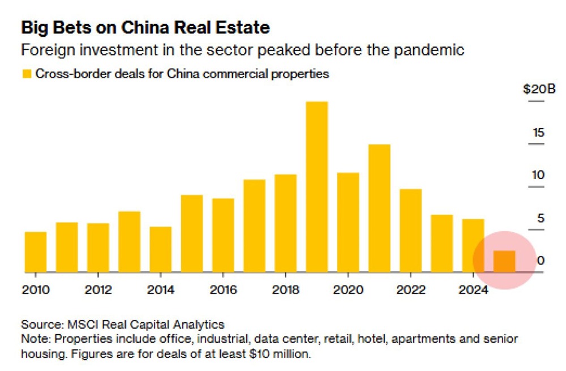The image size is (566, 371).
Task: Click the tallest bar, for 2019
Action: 316,187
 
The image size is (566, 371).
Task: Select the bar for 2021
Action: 379,208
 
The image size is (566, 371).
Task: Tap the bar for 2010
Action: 36,252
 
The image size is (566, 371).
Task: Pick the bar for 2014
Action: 160,249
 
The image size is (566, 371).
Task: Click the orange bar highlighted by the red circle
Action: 504,261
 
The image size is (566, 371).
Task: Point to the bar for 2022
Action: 410,231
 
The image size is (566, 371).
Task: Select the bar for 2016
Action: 223,235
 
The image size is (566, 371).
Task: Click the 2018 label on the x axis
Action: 285,290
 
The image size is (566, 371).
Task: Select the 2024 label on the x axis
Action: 473,290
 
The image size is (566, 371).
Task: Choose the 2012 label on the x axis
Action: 98,290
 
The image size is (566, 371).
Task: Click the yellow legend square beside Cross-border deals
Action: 26,74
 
